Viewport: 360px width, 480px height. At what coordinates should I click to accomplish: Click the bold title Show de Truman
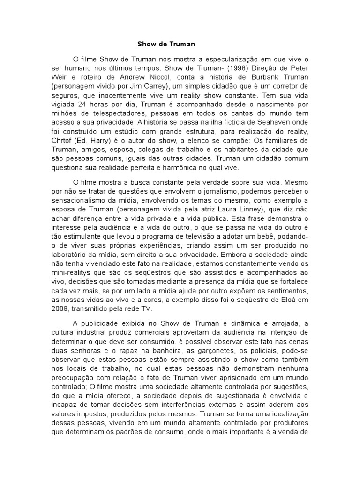click(x=165, y=44)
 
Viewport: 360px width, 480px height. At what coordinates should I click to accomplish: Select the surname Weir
click(x=60, y=78)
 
